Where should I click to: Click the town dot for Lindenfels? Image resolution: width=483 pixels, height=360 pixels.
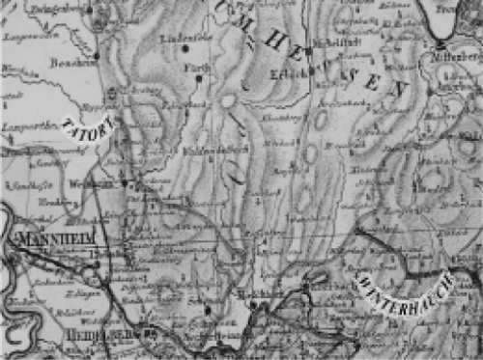click(x=185, y=47)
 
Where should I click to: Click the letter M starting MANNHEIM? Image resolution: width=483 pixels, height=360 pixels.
click(x=20, y=238)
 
